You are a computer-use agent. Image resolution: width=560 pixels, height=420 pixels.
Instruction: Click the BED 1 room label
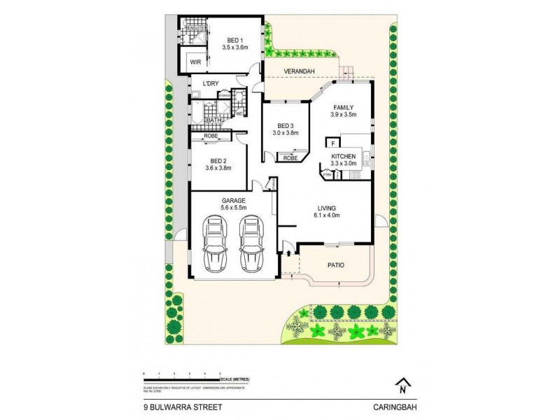tap(235, 40)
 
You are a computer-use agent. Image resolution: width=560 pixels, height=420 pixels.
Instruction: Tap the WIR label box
tap(195, 62)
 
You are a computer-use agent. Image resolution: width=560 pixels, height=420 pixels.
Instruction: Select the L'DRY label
tap(211, 85)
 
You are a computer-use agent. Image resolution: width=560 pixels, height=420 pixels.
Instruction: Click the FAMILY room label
tap(344, 107)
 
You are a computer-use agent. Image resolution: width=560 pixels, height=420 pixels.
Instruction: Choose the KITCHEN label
tap(344, 155)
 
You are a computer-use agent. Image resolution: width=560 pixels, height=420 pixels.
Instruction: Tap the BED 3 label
tap(285, 126)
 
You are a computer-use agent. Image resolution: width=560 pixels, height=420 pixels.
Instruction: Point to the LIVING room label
tap(326, 209)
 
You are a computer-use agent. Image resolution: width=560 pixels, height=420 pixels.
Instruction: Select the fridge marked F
tap(332, 143)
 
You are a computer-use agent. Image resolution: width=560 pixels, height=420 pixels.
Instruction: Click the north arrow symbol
tap(402, 384)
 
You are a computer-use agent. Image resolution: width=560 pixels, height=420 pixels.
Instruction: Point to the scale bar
tap(183, 379)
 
